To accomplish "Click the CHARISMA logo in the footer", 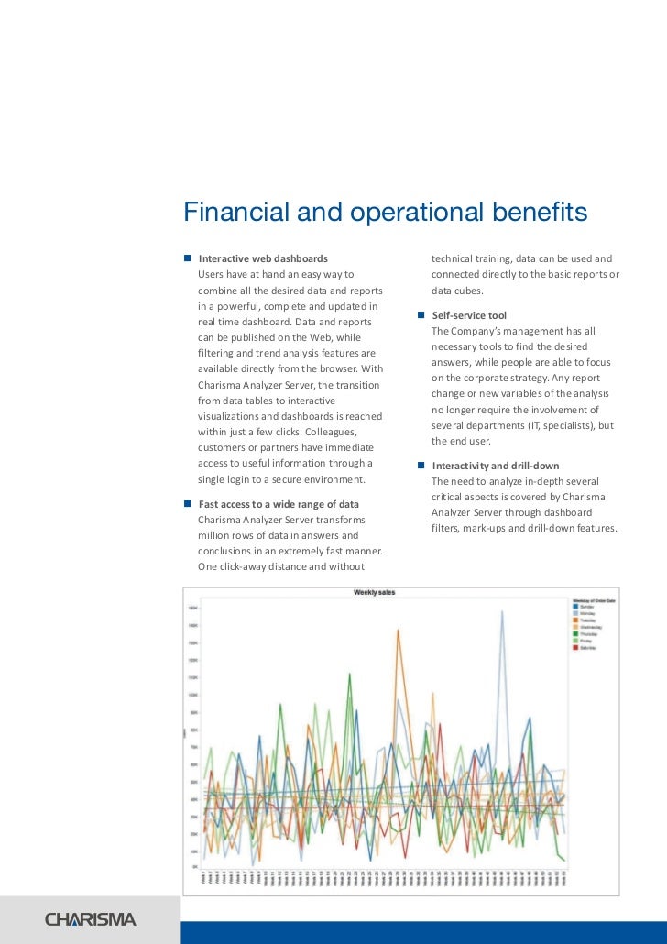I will pyautogui.click(x=91, y=919).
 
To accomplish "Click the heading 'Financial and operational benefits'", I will pyautogui.click(x=385, y=213).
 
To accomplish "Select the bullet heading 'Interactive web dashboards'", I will pyautogui.click(x=263, y=259).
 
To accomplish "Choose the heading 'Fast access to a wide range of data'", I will pyautogui.click(x=279, y=504).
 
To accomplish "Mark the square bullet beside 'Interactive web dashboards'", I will pyautogui.click(x=187, y=259).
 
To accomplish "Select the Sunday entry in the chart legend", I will pyautogui.click(x=585, y=607).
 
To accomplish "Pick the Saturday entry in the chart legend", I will pyautogui.click(x=586, y=647).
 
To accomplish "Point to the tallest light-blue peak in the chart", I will pyautogui.click(x=502, y=612).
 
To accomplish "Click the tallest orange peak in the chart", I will pyautogui.click(x=398, y=631).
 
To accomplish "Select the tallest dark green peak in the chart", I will pyautogui.click(x=349, y=674).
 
